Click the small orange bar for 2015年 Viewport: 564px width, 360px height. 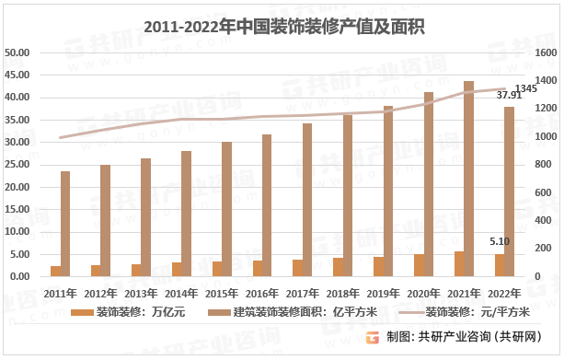click(216, 269)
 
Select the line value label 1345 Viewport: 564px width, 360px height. click(526, 87)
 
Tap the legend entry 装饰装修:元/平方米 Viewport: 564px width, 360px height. click(468, 312)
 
